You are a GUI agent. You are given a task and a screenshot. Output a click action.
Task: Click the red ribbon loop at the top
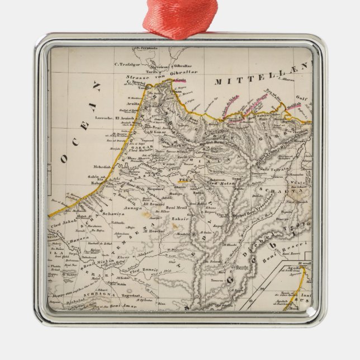click(x=179, y=17)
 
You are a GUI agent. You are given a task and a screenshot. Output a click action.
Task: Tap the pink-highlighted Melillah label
click(x=294, y=105)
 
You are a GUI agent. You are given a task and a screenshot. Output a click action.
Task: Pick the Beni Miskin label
click(x=99, y=263)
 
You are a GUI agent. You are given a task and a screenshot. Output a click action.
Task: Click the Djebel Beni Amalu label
click(x=221, y=144)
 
